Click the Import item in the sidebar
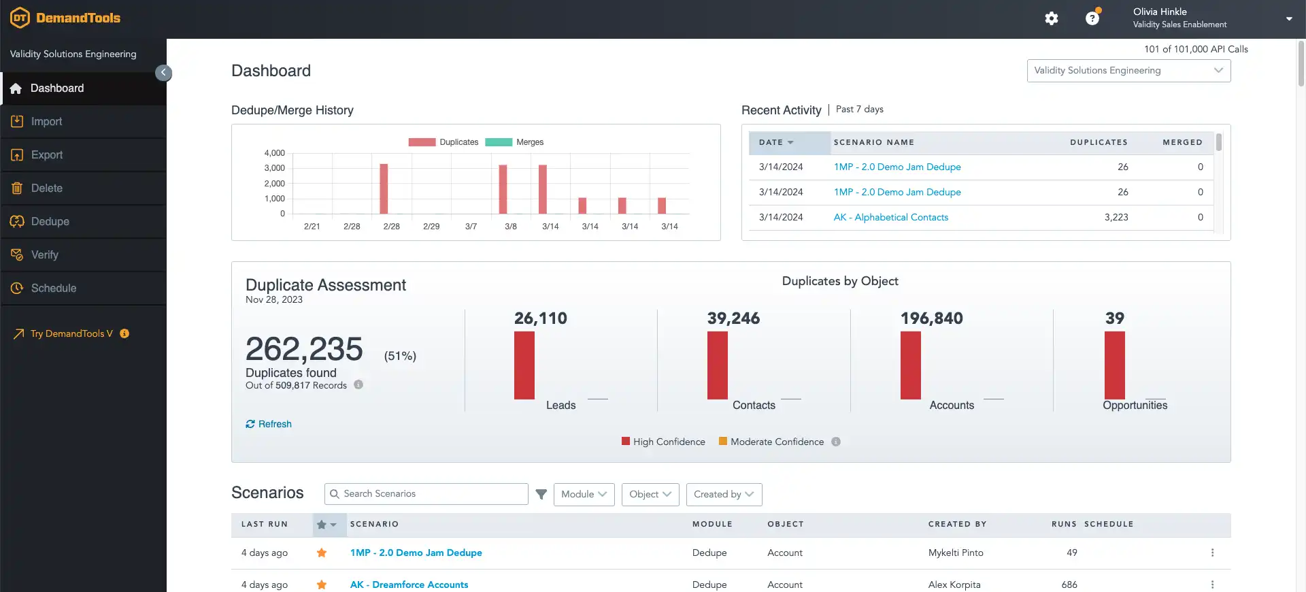point(46,122)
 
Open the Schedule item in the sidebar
point(53,289)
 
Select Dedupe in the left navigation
point(50,222)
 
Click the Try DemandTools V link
point(71,333)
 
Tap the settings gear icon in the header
point(1052,18)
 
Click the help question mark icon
point(1092,18)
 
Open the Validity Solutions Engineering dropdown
point(1128,71)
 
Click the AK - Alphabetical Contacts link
point(891,217)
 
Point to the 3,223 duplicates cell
point(1116,217)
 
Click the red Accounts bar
point(910,365)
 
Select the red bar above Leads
point(524,365)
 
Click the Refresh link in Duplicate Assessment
point(269,424)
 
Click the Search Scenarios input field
point(426,494)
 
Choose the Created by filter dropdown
point(724,494)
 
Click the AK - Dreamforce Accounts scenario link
point(409,585)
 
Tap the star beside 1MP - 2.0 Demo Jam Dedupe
point(322,553)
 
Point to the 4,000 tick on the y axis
point(275,153)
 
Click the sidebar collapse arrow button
point(163,73)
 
